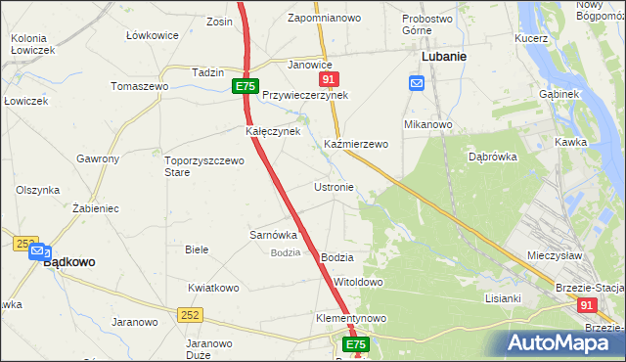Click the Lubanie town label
(443, 57)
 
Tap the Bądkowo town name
(69, 262)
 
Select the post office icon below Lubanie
(417, 83)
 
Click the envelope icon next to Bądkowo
(37, 251)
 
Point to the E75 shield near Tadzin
(246, 87)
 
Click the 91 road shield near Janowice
(329, 79)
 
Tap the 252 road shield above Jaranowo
(190, 315)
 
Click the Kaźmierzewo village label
(356, 144)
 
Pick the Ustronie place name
(334, 186)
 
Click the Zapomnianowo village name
(325, 19)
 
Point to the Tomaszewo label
(139, 86)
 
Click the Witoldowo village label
(358, 282)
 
